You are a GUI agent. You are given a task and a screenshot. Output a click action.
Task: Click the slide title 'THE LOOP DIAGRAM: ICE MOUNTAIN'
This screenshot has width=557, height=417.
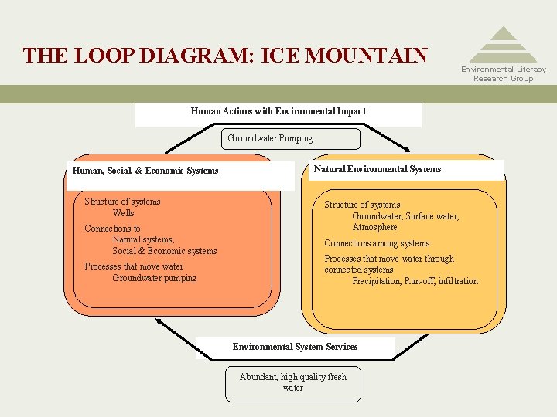coord(225,56)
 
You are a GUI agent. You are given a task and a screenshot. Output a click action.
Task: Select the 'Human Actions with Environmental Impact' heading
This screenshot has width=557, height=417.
coord(278,111)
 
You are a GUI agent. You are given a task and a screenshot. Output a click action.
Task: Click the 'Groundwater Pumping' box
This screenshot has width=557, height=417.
coord(270,139)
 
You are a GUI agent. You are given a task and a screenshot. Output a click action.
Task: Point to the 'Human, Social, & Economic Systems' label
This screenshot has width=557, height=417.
coord(145,171)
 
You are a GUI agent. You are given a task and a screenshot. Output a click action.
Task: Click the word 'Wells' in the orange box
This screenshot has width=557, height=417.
coord(123,213)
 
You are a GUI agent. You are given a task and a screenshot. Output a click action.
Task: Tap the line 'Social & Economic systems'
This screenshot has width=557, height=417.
coord(164,251)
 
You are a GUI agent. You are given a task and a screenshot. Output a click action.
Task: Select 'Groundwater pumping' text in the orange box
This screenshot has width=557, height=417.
coord(154,278)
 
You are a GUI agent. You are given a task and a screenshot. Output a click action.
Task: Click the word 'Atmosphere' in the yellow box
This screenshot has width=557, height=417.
coord(374,228)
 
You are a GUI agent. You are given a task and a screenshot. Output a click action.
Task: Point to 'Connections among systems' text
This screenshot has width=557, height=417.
coord(377,243)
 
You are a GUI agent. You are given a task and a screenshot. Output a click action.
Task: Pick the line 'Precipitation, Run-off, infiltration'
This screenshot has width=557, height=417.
coord(415,281)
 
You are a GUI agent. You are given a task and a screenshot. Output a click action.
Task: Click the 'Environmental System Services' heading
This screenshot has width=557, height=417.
coord(295,347)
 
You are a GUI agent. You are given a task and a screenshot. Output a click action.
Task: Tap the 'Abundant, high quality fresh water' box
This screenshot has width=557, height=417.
coord(293,383)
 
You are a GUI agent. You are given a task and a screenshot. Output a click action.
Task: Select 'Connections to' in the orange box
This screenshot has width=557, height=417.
coord(112,229)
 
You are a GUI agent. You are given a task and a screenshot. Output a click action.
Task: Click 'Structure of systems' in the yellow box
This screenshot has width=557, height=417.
coord(362,205)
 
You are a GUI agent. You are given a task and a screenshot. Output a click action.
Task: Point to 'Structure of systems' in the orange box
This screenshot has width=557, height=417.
coord(122,202)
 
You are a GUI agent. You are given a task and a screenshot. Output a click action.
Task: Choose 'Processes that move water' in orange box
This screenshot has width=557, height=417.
coord(134,266)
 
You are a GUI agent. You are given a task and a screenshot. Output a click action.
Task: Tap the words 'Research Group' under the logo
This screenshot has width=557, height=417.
coord(503,79)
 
